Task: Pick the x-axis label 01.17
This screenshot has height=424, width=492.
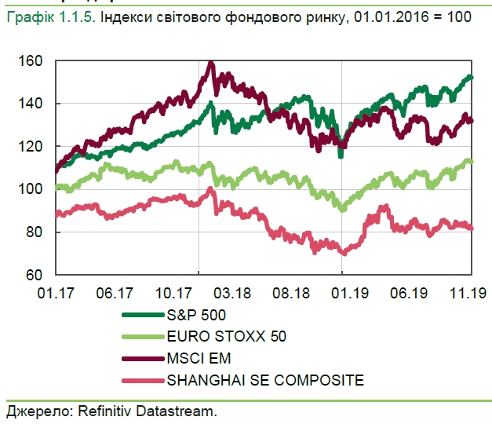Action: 55,293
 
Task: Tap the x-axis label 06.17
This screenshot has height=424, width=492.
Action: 115,293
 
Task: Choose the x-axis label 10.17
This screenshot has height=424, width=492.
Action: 174,293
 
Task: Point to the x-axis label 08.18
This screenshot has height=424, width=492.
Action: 292,293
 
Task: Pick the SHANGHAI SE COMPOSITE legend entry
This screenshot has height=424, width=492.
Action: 263,381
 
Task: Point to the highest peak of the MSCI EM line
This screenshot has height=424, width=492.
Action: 210,62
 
